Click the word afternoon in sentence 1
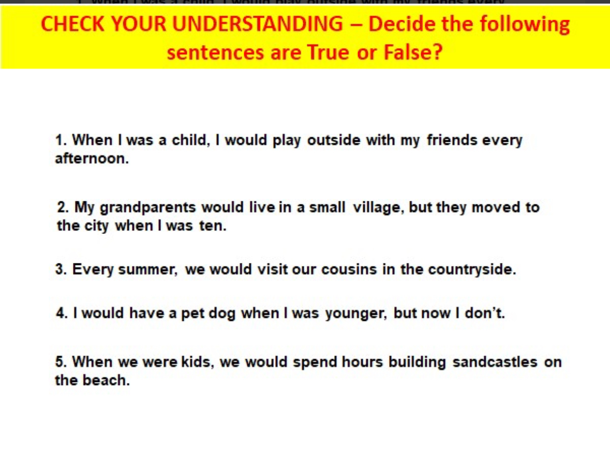pos(91,159)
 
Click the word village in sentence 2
pos(379,208)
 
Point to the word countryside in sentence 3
pos(472,270)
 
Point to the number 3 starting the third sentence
pos(59,270)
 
